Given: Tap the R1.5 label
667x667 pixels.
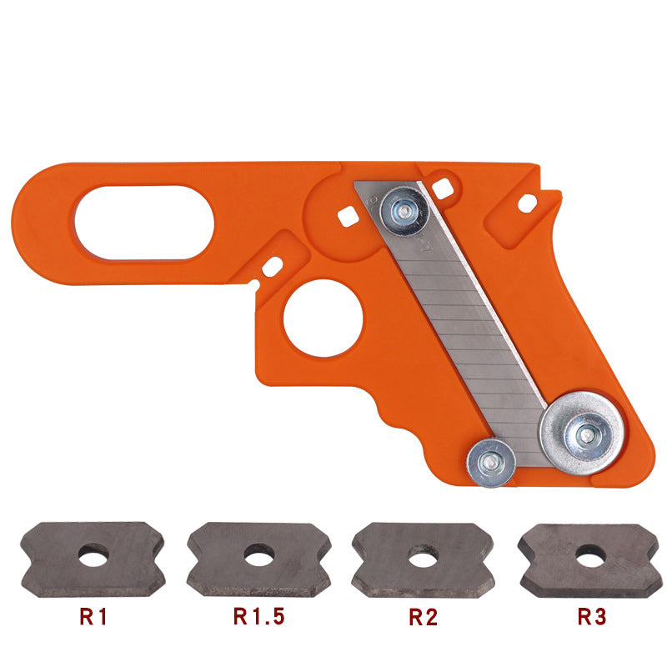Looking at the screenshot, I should click(258, 618).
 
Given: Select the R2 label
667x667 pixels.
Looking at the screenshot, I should click(424, 618).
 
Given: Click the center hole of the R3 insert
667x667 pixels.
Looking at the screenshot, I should click(590, 552).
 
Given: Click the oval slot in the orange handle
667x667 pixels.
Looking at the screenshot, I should click(144, 222).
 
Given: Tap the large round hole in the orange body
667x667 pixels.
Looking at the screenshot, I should click(323, 318).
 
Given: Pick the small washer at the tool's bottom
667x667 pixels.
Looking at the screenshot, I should click(492, 461).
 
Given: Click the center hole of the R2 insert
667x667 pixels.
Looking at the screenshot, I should click(424, 558).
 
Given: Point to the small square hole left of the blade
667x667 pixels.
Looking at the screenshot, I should click(348, 215).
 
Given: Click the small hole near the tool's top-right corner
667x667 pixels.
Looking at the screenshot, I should click(526, 201).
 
